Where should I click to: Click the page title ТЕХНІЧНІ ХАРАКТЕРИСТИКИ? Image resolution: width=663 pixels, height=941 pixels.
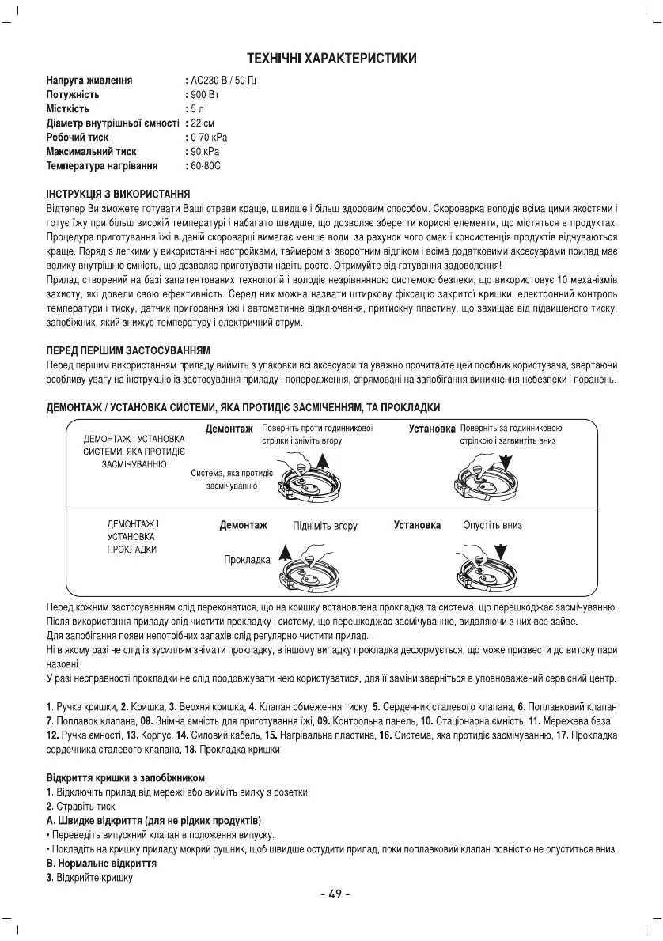point(331,59)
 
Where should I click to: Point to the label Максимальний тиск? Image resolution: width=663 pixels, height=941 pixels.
point(91,151)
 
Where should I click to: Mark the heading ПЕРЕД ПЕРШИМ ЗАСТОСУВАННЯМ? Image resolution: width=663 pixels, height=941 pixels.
point(124,350)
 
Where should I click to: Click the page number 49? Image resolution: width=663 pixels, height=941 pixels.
point(331,895)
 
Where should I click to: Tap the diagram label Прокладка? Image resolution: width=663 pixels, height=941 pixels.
point(247,559)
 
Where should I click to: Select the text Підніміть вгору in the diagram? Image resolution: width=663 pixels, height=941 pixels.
point(324,525)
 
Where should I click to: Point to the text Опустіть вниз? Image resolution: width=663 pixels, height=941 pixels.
point(492,525)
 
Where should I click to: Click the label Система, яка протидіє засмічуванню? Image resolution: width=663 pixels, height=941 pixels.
point(232,479)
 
